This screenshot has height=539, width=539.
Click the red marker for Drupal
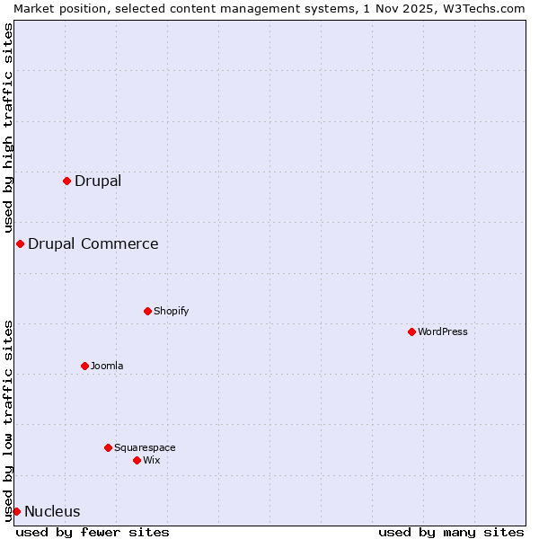(66, 181)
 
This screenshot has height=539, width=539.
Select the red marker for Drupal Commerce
(20, 243)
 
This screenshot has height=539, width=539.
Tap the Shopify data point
(147, 311)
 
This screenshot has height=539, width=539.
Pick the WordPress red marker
(411, 331)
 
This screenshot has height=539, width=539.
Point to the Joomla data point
(84, 366)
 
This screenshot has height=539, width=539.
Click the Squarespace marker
(108, 447)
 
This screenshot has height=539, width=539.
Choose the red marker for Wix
(137, 460)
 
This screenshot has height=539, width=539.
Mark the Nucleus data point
(16, 511)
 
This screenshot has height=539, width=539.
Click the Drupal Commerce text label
(93, 243)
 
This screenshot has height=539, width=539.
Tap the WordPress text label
(442, 331)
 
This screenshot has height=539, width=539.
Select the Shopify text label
(171, 311)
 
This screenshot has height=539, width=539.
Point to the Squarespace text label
(145, 447)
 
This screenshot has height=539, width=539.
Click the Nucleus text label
(52, 511)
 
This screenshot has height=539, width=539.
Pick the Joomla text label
(107, 366)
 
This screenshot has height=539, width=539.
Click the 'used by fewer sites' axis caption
(93, 532)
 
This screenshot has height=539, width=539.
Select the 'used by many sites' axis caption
(451, 532)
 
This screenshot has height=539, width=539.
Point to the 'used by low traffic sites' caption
(8, 420)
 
